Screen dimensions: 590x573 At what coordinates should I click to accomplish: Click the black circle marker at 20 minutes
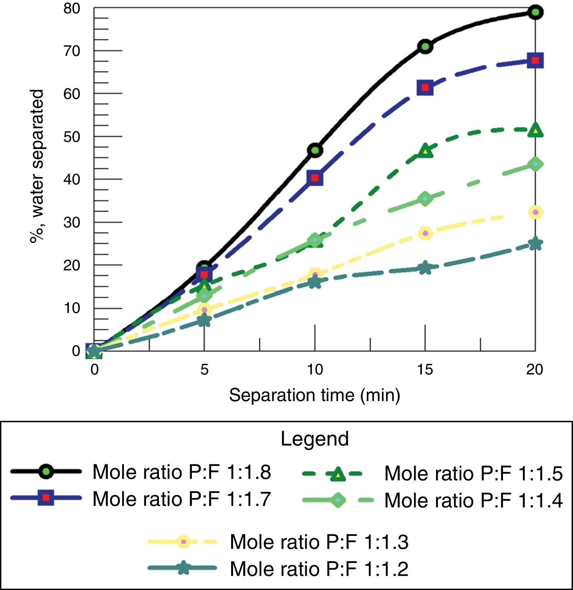pos(535,12)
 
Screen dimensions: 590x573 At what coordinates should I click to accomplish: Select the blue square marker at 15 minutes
pos(425,87)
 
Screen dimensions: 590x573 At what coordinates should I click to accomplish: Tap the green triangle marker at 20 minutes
pos(535,130)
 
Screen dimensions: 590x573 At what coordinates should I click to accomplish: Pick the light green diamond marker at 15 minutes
pos(425,199)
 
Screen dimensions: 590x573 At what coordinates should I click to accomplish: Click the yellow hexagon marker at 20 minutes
pos(535,212)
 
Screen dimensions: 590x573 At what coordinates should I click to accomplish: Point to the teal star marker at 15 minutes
pos(425,267)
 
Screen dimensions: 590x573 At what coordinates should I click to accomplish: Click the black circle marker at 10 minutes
pos(315,150)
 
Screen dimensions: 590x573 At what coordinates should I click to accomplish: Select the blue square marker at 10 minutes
pos(315,178)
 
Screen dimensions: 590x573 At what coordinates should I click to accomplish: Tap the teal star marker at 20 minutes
pos(535,244)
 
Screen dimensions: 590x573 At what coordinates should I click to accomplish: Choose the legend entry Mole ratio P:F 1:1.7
pos(181,499)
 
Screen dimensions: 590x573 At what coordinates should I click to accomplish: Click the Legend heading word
pos(314,439)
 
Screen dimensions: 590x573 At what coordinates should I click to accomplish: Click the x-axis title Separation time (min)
pos(314,395)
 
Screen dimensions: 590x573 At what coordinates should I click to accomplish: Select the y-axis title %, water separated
pos(37,166)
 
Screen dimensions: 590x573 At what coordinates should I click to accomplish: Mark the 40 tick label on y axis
pos(71,179)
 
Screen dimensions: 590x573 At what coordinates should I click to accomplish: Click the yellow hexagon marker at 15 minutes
pos(425,233)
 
